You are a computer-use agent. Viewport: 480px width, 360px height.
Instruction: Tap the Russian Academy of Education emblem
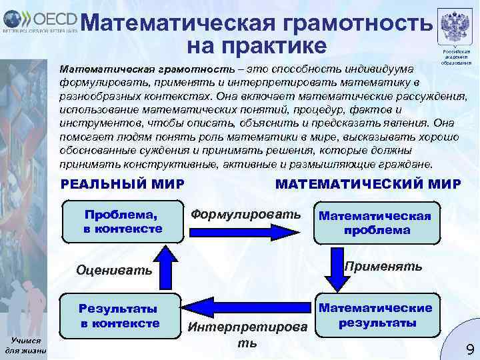click(456, 27)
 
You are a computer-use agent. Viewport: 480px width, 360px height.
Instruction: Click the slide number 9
click(469, 348)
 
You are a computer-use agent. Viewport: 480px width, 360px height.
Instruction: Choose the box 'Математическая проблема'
click(375, 223)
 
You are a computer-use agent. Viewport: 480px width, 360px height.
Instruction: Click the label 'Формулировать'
click(246, 215)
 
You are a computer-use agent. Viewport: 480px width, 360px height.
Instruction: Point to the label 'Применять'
click(383, 267)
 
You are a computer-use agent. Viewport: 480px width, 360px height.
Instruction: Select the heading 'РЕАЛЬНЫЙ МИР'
click(123, 183)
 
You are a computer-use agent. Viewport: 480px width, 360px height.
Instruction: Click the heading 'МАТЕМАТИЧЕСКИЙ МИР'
click(367, 183)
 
